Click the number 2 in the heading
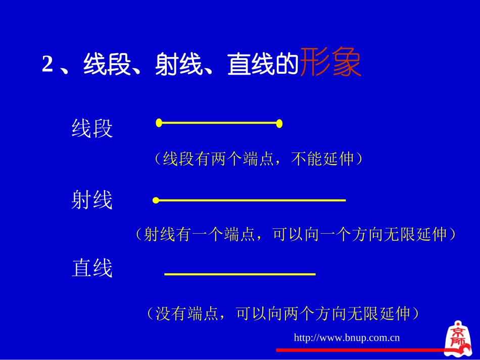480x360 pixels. coord(47,65)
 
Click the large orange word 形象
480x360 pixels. coord(331,63)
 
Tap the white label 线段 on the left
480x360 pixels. coord(92,129)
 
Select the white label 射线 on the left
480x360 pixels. coord(92,201)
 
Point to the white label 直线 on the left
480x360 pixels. coord(92,269)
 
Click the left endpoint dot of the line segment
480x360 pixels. coord(159,123)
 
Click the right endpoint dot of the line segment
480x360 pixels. coord(279,123)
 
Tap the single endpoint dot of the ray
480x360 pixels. coord(156,201)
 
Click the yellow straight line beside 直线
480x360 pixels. coord(240,274)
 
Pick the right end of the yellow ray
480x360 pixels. coord(344,200)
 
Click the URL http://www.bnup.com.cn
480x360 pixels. coord(347,337)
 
